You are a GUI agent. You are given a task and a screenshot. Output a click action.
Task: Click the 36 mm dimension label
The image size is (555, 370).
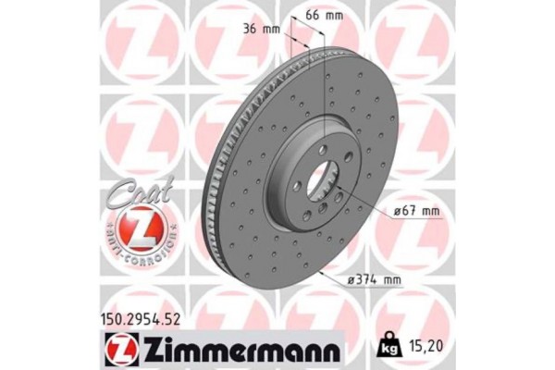[x=260, y=29]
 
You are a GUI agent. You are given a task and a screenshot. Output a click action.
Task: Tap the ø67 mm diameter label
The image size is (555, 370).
[x=414, y=212]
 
